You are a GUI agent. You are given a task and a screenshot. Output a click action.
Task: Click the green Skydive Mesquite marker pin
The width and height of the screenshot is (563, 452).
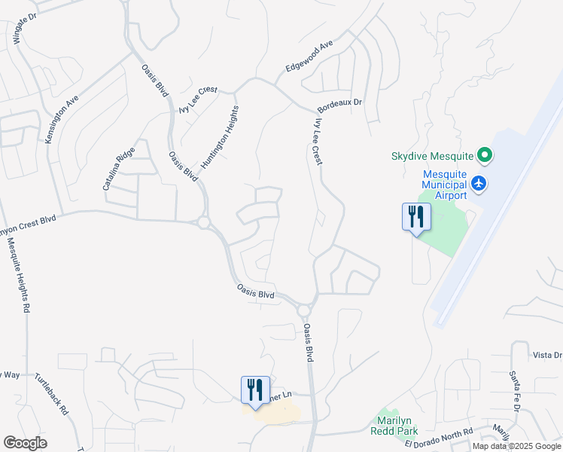coord(485,157)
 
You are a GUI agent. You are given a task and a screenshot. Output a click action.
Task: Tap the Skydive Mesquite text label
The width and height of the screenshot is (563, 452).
coord(432,157)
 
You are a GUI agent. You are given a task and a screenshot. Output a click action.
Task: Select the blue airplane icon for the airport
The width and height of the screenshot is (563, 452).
coord(479,183)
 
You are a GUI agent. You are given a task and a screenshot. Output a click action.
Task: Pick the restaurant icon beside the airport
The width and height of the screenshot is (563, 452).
coord(415,218)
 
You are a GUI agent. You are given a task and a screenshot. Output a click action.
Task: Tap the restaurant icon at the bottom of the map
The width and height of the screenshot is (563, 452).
coord(254,390)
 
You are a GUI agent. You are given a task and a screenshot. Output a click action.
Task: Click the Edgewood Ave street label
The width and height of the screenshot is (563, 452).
coord(309,57)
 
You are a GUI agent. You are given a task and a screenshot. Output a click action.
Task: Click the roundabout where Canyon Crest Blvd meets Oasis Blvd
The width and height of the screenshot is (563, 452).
coord(203,222)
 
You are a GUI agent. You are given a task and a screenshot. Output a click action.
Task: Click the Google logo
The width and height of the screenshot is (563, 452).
coord(25,443)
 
